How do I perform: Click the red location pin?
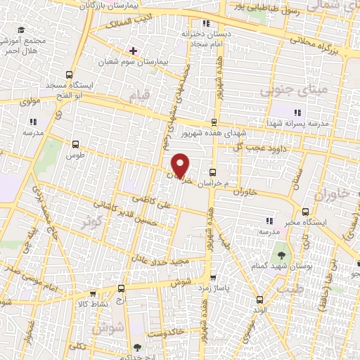(181, 165)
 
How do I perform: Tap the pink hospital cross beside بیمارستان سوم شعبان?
(133, 51)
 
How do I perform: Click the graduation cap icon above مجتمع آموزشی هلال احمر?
(21, 30)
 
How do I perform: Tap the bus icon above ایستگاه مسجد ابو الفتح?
(69, 75)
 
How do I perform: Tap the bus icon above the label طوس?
(75, 143)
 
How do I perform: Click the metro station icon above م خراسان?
(213, 172)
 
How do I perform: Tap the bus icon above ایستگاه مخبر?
(304, 212)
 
